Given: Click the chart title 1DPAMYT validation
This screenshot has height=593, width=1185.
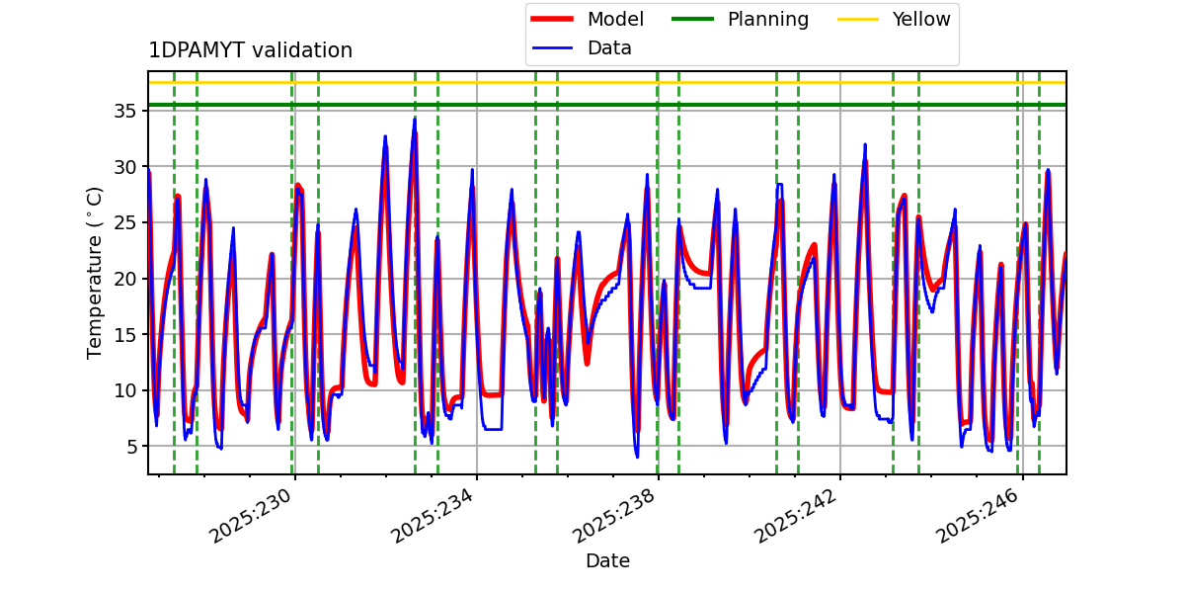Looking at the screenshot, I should click(250, 50).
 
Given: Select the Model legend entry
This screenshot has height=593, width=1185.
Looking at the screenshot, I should click(614, 19).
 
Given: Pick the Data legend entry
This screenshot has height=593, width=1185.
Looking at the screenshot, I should click(609, 47).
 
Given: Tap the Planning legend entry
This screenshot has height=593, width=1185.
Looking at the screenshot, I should click(767, 19).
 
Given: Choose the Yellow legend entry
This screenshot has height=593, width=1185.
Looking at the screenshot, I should click(920, 19).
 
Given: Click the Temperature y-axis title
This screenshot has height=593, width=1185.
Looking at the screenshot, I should click(95, 272).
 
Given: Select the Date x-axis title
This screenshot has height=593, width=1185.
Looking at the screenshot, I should click(607, 561).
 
